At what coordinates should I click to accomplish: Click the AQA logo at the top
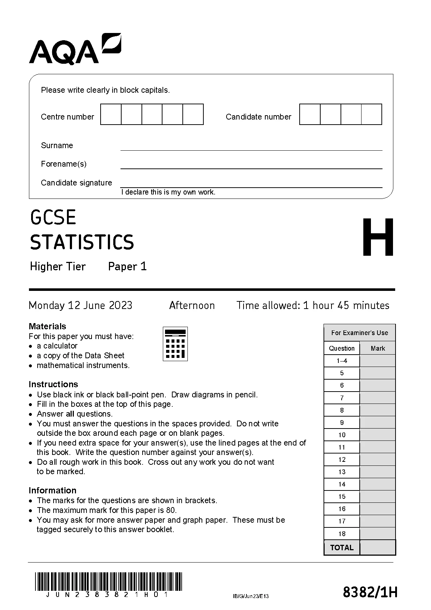pos(75,50)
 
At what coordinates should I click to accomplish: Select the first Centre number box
pos(111,114)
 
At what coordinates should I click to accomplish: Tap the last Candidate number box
pos(372,114)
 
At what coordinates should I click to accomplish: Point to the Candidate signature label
pos(76,183)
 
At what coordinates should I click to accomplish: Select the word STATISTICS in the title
pos(82,242)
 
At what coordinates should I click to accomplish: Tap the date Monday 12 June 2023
pos(80,305)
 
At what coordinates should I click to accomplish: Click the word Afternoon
pos(192,305)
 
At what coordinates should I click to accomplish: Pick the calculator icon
pos(176,344)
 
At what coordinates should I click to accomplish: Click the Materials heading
pos(47,326)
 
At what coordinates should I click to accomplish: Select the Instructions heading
pos(53,384)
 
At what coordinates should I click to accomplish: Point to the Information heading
pos(52,490)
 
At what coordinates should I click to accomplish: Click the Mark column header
pos(378,348)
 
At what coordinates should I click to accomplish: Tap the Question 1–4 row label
pos(342,361)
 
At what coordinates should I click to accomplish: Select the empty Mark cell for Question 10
pos(378,435)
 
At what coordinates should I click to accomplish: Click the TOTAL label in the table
pos(342,547)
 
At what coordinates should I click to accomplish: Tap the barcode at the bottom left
pos(109,581)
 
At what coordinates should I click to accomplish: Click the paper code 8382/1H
pos(370,593)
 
